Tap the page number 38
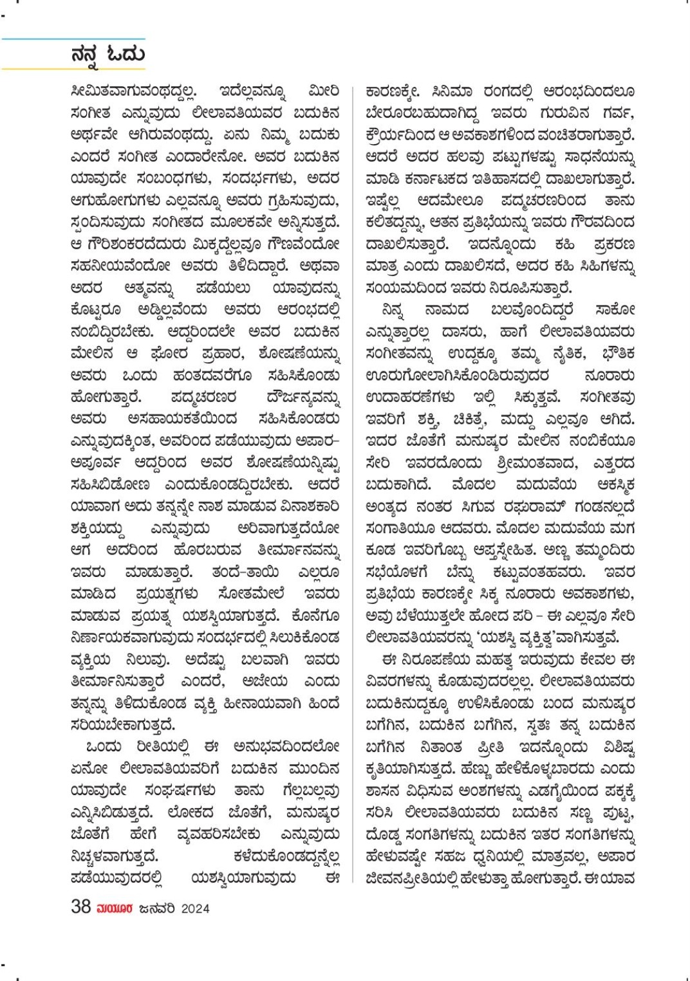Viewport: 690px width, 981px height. click(80, 907)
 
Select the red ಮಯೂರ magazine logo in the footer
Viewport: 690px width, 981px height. click(115, 908)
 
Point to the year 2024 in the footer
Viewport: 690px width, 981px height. click(195, 908)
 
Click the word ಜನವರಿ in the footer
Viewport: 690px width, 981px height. click(156, 908)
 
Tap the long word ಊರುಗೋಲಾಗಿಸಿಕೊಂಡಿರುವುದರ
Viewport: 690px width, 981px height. click(458, 376)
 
